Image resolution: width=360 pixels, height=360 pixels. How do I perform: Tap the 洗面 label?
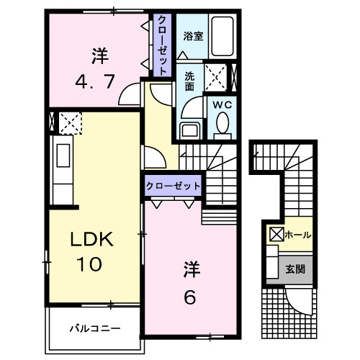coord(189,81)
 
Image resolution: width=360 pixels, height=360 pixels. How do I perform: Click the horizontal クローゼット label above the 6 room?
coord(173,185)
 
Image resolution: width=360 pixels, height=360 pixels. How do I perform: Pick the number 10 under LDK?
coord(90,264)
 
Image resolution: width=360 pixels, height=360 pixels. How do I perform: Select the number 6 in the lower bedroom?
coord(189,295)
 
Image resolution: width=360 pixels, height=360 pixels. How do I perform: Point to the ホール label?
coord(298,234)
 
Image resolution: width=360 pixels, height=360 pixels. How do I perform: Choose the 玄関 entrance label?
coord(295,269)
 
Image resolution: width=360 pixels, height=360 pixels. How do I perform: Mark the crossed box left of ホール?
coord(277,235)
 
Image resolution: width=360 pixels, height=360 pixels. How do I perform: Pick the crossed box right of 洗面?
coord(215,75)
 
